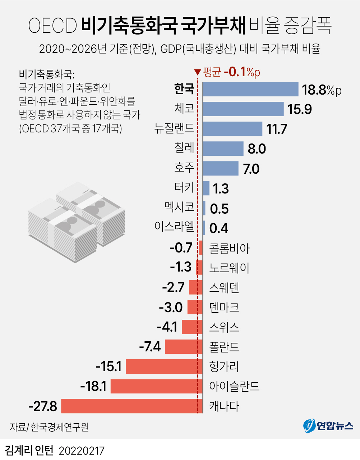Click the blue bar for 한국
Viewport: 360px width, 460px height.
[x=250, y=89]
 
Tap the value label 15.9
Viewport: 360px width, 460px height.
[x=299, y=109]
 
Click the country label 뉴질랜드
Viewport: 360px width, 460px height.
[x=174, y=128]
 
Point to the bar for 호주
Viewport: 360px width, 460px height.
[x=221, y=168]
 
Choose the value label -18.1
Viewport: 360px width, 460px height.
[x=93, y=386]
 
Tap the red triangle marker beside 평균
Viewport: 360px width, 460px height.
[x=197, y=72]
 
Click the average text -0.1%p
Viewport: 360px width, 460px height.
[x=242, y=72]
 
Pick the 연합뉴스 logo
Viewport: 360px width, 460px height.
[x=328, y=426]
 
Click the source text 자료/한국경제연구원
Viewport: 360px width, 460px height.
[x=49, y=427]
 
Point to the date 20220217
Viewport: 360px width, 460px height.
[x=82, y=451]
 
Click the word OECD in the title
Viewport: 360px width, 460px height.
[x=52, y=26]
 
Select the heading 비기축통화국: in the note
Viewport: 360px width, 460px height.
[x=47, y=74]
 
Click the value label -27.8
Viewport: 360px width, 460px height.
[x=43, y=406]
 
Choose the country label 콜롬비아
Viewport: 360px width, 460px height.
[x=229, y=248]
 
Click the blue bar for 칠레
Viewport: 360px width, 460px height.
[x=223, y=149]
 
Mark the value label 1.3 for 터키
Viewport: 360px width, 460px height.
[x=221, y=188]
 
